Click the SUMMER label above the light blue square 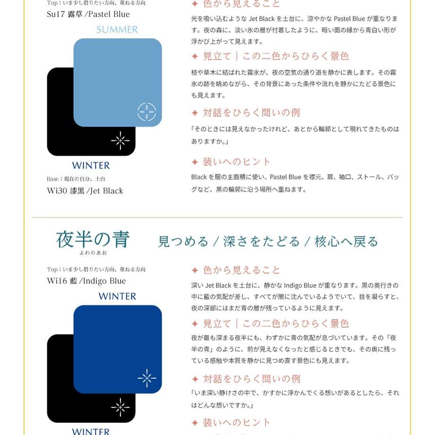point(117,29)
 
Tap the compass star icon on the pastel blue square point(147,112)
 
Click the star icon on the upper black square point(121,140)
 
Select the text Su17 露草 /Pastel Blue point(88,14)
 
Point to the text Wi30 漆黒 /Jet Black point(85,191)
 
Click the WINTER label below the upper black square point(91,165)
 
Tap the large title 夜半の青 point(93,239)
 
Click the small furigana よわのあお point(93,253)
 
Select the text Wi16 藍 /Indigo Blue point(86,281)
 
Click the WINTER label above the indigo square point(117,296)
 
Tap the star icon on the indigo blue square point(147,378)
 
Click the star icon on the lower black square point(121,407)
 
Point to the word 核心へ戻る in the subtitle point(346,242)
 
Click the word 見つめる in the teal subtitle point(183,242)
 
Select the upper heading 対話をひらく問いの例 point(252,113)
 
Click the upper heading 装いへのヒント point(236,162)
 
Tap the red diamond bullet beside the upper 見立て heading point(195,57)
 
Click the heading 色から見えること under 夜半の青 point(241,270)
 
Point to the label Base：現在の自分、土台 point(76,179)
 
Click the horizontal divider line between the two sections point(217,217)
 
